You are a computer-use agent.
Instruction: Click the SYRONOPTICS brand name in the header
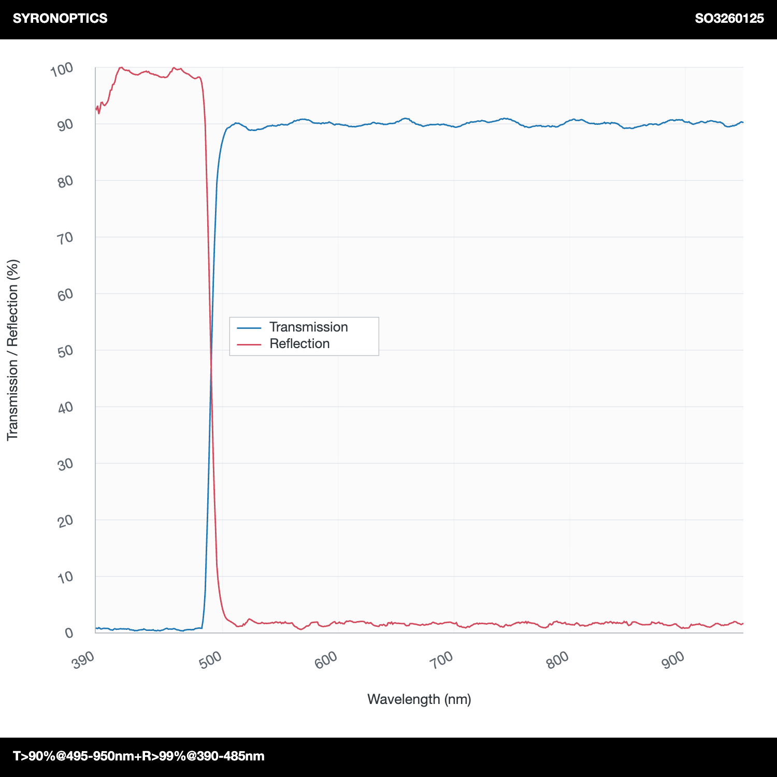pos(60,18)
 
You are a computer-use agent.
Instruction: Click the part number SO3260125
pos(729,18)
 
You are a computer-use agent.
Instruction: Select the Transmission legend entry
pos(309,327)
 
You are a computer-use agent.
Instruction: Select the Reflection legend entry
pos(299,343)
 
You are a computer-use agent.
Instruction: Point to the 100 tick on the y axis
pos(62,69)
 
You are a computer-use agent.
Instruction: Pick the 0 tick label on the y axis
pos(69,633)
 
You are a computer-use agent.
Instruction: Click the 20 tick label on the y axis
pos(65,521)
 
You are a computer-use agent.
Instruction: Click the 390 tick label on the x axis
pos(83,660)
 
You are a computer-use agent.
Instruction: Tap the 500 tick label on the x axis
pos(210,660)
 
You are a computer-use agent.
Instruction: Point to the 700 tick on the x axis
pos(442,660)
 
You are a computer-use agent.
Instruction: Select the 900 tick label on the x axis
pos(673,660)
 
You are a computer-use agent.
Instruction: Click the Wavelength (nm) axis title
pos(419,699)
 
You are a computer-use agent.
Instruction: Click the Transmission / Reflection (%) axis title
pos(12,350)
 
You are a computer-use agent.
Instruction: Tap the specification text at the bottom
pos(139,756)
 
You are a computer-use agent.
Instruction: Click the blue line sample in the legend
pos(249,327)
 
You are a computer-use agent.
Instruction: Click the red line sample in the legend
pos(249,344)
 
